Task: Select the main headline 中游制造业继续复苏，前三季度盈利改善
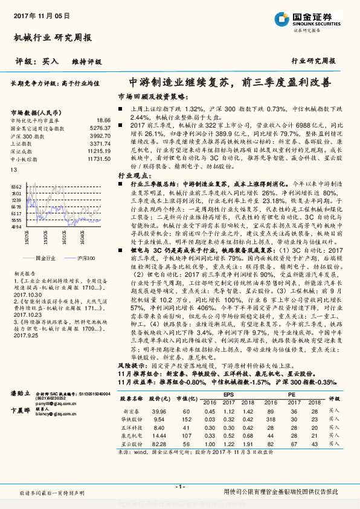(230, 83)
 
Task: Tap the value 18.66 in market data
(104, 121)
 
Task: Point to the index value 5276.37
(100, 128)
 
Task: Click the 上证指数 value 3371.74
(100, 143)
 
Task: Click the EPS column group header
(228, 395)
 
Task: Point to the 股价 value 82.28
(159, 444)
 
